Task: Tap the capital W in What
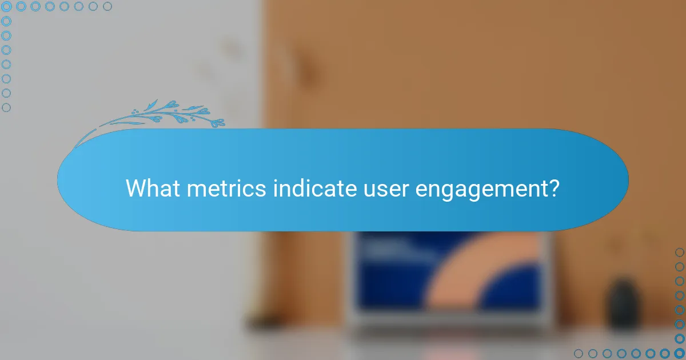135,188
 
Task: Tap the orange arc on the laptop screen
486,269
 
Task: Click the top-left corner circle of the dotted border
6,6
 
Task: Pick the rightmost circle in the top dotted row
107,6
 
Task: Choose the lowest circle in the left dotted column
6,107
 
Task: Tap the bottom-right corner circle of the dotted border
679,353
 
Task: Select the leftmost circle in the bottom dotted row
579,353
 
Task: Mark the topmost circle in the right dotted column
679,253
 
